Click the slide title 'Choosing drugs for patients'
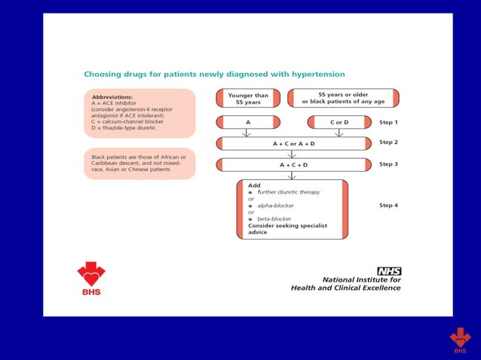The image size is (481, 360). pos(214,75)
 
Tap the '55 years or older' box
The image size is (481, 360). pos(343,99)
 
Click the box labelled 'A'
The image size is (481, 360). pos(248,122)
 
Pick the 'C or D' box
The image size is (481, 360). pos(339,122)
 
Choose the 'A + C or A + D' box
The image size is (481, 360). pos(294,143)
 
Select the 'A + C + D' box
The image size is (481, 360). pos(294,164)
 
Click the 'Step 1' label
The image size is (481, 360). pos(388,122)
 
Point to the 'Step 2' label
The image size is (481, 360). pos(388,142)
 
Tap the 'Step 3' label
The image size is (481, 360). pos(388,163)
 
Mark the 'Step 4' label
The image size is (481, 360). pos(388,205)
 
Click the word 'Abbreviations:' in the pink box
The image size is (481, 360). pos(112,97)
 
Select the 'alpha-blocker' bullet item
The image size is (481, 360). pos(275,206)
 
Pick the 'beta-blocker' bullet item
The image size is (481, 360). pos(274,219)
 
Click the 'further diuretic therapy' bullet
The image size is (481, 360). pos(288,192)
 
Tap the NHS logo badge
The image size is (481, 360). pos(389,271)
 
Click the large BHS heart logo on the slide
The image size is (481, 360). pos(91,277)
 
